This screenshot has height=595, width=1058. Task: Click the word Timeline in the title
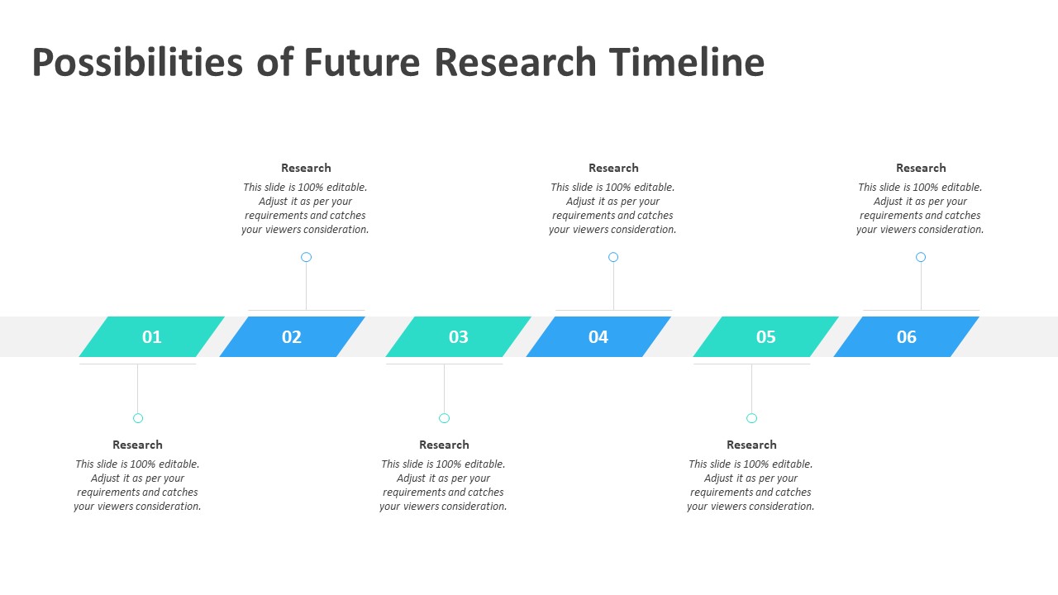[686, 62]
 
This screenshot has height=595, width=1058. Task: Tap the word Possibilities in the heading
[137, 62]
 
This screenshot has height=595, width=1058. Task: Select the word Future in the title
[362, 62]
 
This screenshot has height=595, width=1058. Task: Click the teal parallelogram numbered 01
[151, 336]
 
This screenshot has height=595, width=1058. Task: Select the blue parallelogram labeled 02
[292, 336]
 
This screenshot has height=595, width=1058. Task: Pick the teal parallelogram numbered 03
[458, 336]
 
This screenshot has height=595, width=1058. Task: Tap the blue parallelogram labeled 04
[598, 336]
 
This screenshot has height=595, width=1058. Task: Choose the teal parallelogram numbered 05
[765, 336]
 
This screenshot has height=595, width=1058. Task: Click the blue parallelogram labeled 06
[907, 336]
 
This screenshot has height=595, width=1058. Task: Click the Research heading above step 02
[306, 168]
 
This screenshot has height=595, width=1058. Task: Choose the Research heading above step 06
[921, 168]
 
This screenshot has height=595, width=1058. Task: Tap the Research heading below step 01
[137, 445]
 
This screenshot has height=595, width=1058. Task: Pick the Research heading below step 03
[444, 445]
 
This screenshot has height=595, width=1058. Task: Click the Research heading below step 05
[751, 445]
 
